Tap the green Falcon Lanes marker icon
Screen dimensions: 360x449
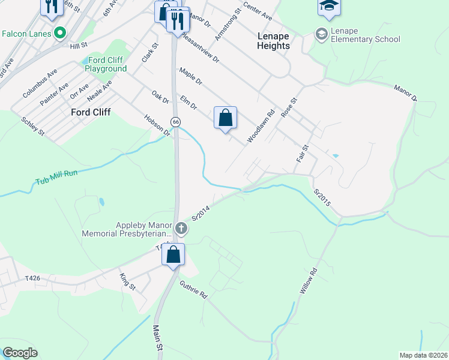(59, 33)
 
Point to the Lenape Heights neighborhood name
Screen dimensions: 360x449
(273, 41)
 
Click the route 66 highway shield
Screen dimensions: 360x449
(175, 121)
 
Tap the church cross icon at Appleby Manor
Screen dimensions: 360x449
(181, 228)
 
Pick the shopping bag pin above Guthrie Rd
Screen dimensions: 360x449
(173, 254)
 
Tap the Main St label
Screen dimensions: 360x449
(158, 338)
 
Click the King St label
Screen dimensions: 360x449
(128, 280)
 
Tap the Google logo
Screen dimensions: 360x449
(20, 353)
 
